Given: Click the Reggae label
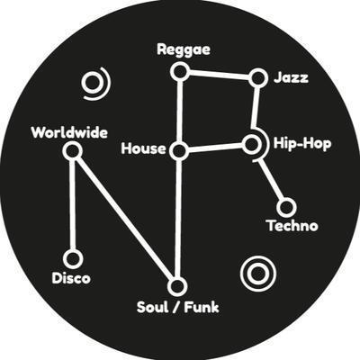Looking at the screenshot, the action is (184, 50).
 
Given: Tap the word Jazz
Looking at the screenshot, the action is (291, 77).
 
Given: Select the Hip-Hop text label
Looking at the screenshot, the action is (302, 144).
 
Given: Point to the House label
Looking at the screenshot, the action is (143, 148).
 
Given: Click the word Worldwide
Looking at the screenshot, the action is (69, 132).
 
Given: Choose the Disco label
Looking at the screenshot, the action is (71, 278).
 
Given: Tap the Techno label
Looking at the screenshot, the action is (292, 226).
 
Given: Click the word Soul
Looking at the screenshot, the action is (152, 308).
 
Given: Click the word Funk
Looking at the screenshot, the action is (202, 308).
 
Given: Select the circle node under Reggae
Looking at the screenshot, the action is (180, 72).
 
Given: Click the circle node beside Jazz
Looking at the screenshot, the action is (258, 78).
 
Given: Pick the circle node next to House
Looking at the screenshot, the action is (179, 151).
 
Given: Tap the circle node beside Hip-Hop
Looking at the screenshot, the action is (251, 144).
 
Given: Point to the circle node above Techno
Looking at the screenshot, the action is (286, 207).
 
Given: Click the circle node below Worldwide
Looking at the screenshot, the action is (73, 151).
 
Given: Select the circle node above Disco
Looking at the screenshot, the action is (73, 259).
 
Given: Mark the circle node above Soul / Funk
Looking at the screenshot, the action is (177, 286).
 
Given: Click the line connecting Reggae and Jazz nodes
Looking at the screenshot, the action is (219, 75).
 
